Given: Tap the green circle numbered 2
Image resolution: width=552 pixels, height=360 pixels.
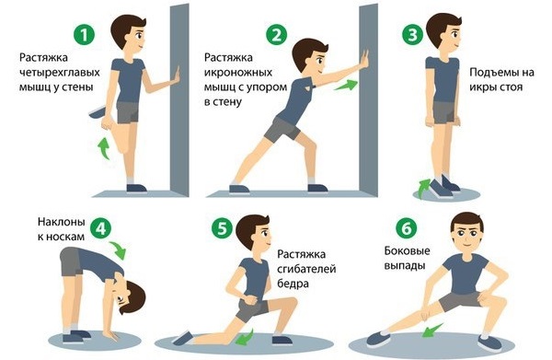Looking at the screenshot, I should pos(273,36).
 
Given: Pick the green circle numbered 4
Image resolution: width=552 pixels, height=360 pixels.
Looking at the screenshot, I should pos(103,226).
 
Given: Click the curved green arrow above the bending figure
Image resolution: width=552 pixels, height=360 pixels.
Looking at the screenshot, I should pos(119,249).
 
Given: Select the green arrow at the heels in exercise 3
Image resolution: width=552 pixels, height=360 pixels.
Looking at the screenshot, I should pos(424,188).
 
